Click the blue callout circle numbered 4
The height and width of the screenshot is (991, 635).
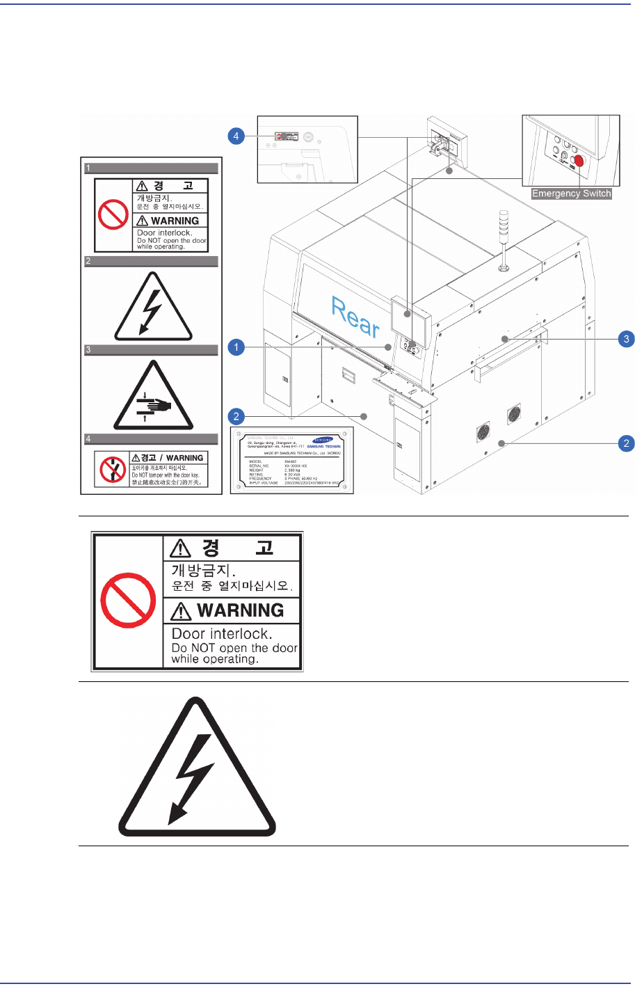tap(236, 136)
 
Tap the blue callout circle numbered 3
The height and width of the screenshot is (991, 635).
tap(627, 339)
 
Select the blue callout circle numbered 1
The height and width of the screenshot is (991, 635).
tap(236, 347)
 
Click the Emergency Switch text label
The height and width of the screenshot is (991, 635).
tap(571, 193)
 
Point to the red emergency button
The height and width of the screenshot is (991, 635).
tap(578, 160)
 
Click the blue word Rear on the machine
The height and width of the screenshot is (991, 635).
tap(355, 317)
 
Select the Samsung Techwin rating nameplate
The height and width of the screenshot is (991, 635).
tap(292, 461)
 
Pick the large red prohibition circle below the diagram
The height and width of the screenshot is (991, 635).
tap(128, 601)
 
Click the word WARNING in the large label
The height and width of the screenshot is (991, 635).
tap(240, 610)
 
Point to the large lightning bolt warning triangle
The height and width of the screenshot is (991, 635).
tap(198, 770)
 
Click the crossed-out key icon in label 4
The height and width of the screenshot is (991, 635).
tap(112, 470)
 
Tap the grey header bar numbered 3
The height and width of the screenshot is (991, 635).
tap(151, 350)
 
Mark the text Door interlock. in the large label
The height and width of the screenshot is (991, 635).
tap(221, 633)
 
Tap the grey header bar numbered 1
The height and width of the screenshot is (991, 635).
tap(151, 168)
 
